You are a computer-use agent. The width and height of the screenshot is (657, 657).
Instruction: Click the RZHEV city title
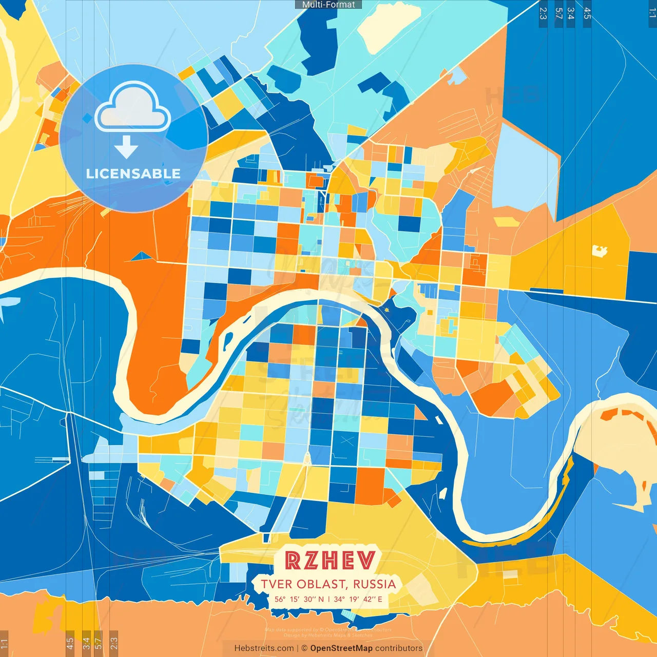(330, 561)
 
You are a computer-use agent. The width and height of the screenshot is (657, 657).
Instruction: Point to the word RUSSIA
(375, 584)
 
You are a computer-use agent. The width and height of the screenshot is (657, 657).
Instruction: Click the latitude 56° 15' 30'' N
(299, 599)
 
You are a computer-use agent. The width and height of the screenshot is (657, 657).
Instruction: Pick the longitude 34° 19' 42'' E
(358, 599)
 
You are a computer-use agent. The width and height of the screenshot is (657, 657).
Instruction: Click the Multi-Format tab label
(328, 5)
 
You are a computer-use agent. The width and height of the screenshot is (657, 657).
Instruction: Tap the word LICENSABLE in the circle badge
(133, 173)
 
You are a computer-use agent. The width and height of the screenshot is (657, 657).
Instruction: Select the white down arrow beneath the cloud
(126, 147)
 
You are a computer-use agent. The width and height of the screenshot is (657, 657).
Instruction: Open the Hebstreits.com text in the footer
(264, 648)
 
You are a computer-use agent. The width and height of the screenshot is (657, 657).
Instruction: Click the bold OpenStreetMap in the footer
(341, 648)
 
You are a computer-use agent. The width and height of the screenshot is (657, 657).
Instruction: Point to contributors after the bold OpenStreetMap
(399, 648)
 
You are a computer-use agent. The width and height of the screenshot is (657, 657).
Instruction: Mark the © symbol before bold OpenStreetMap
(304, 648)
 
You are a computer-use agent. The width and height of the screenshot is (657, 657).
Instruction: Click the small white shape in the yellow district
(600, 251)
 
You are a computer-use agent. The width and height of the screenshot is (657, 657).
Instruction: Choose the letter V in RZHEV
(366, 561)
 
